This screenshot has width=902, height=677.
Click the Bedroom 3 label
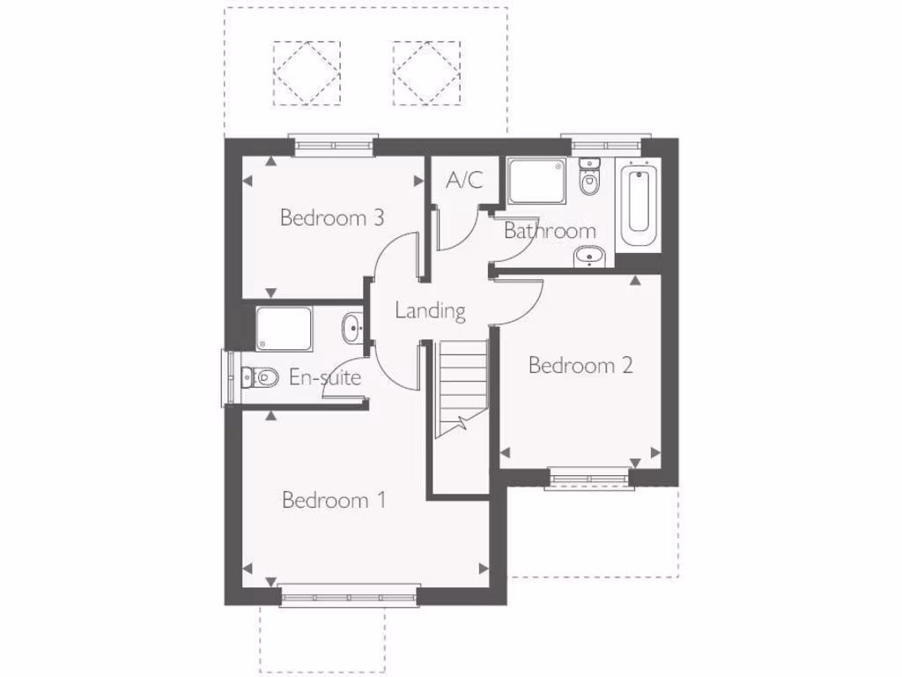pyautogui.click(x=331, y=218)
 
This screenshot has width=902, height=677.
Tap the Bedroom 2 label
pyautogui.click(x=580, y=365)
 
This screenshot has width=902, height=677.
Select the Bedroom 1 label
pyautogui.click(x=333, y=501)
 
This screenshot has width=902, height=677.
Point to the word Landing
pyautogui.click(x=430, y=310)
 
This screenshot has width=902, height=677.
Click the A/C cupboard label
pyautogui.click(x=464, y=181)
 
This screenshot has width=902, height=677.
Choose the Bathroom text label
pyautogui.click(x=550, y=231)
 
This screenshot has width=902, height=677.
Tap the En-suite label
pyautogui.click(x=325, y=378)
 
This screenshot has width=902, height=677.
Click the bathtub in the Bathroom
pyautogui.click(x=640, y=205)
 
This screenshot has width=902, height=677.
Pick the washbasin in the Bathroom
pyautogui.click(x=588, y=257)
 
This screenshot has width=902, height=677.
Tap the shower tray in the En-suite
pyautogui.click(x=284, y=328)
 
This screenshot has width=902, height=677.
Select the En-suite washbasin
pyautogui.click(x=352, y=328)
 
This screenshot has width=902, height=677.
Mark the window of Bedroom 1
pyautogui.click(x=350, y=597)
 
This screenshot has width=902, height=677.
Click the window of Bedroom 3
pyautogui.click(x=334, y=146)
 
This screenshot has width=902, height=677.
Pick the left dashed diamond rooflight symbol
pyautogui.click(x=306, y=73)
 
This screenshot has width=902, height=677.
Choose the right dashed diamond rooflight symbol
pyautogui.click(x=426, y=73)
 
